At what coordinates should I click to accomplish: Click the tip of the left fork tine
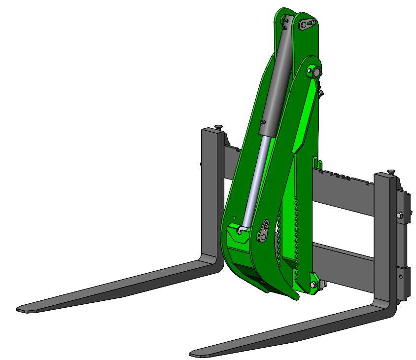[x=21, y=309]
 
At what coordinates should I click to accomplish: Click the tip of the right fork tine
[x=194, y=353]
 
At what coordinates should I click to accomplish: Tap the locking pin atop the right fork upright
[x=391, y=172]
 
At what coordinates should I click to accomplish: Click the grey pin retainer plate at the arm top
[x=306, y=23]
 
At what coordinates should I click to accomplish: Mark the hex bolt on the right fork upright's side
[x=400, y=215]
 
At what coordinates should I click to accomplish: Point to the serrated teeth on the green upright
[x=296, y=232]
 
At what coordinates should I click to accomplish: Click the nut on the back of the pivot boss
[x=321, y=92]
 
